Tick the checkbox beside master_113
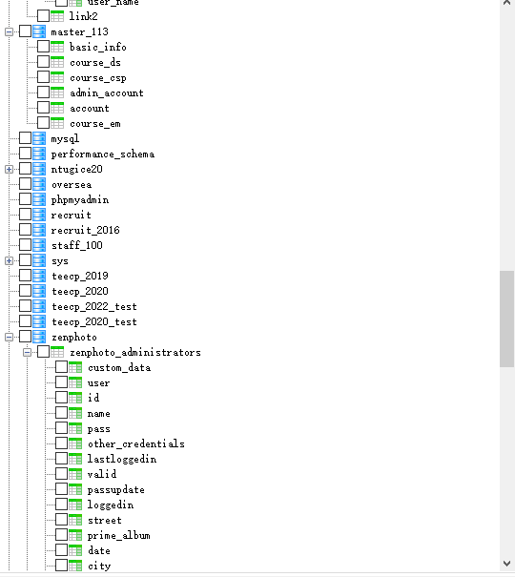point(25,31)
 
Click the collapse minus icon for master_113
point(9,31)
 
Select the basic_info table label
point(98,47)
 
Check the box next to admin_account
point(44,92)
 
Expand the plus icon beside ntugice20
point(9,169)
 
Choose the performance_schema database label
point(103,154)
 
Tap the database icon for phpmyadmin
point(39,199)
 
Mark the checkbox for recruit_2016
point(25,230)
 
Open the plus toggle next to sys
point(9,261)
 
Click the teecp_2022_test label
point(94,306)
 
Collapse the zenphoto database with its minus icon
point(9,337)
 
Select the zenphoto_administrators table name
point(135,352)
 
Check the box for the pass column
point(61,428)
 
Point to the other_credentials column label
point(136,443)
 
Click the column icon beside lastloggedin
point(75,459)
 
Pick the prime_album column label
point(119,535)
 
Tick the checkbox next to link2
point(44,15)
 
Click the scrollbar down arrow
point(507,564)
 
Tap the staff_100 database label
point(77,245)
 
